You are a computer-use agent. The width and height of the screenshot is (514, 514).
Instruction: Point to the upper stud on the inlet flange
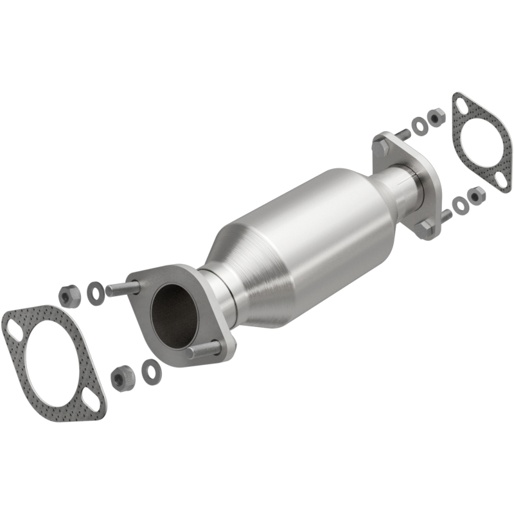121,289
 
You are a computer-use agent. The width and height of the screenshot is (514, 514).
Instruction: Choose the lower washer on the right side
460,205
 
